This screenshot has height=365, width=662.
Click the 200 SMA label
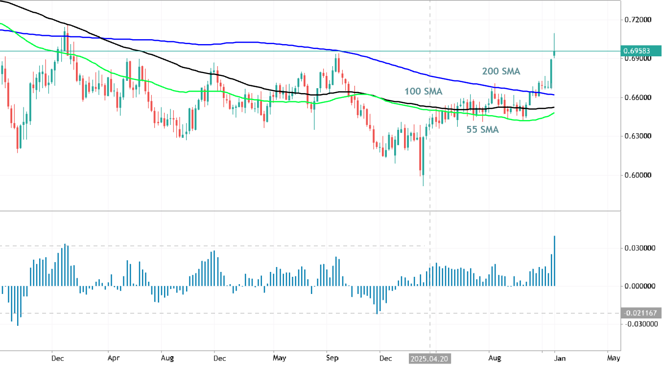point(501,72)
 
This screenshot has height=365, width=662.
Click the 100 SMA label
point(423,92)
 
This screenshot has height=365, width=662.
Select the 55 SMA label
point(483,130)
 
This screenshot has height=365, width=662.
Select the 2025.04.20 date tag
point(430,359)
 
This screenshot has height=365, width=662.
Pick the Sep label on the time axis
point(332,359)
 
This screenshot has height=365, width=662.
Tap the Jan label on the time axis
point(560,359)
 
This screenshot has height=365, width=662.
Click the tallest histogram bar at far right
point(554,261)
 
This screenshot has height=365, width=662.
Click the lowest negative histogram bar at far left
point(18,306)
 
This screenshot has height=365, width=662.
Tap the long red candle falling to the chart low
point(421,154)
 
